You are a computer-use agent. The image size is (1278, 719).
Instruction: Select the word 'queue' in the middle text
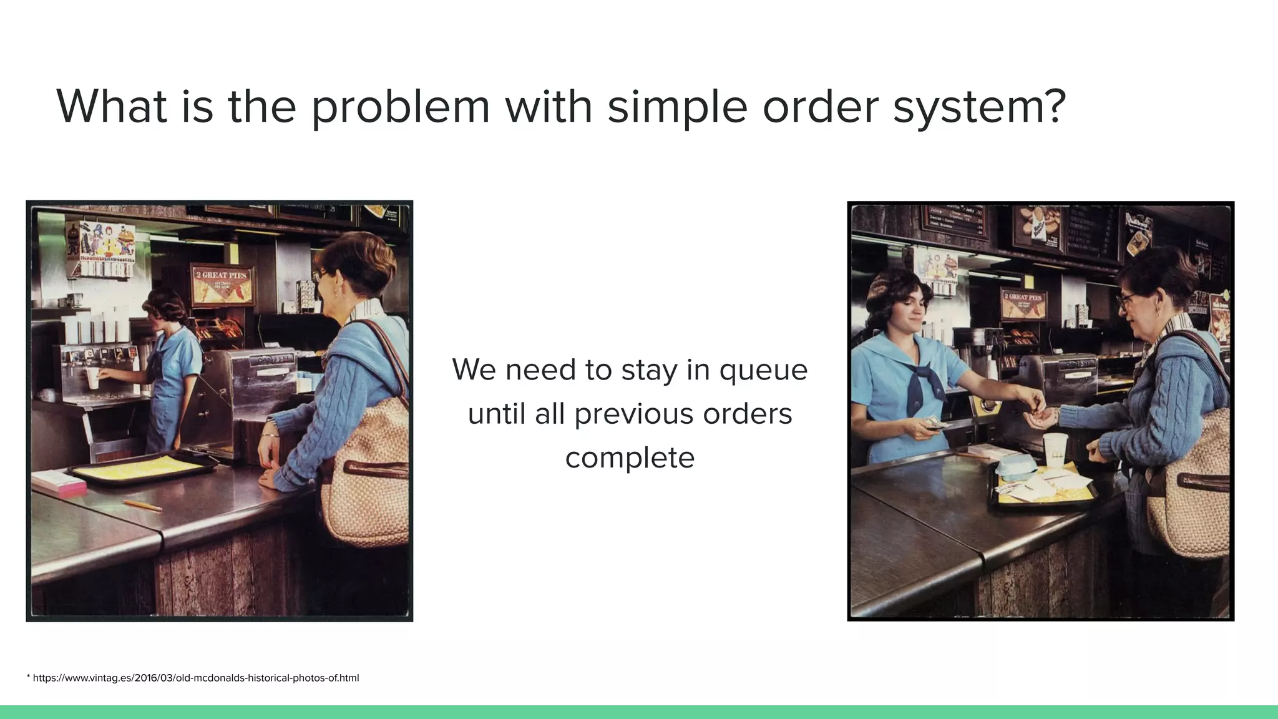(x=763, y=369)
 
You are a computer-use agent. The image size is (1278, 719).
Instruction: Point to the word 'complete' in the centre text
(x=630, y=457)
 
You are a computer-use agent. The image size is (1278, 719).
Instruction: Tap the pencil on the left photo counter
(x=142, y=505)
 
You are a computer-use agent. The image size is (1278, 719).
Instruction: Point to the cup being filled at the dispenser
(x=93, y=378)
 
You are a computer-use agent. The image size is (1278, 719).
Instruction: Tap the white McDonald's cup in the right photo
(x=1055, y=450)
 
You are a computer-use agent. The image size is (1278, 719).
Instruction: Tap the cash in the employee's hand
(x=933, y=424)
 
